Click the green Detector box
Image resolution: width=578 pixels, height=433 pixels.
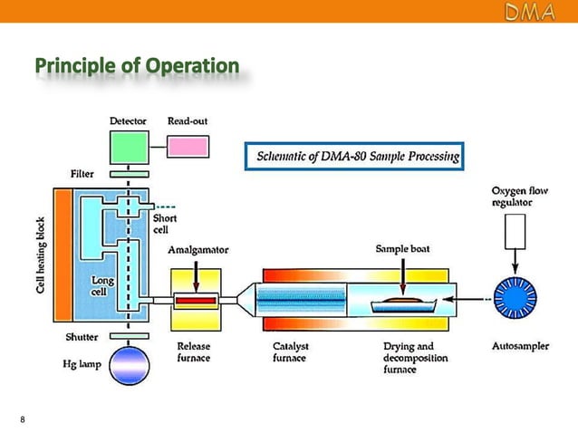tap(128, 146)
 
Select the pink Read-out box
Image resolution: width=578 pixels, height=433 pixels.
tap(187, 145)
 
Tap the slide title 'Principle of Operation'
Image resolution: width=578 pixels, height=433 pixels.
tap(138, 66)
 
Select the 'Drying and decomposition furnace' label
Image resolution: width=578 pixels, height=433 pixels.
tap(409, 358)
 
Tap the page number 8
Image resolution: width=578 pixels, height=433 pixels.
tap(22, 419)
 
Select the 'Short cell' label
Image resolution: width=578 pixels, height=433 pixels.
tap(166, 224)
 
